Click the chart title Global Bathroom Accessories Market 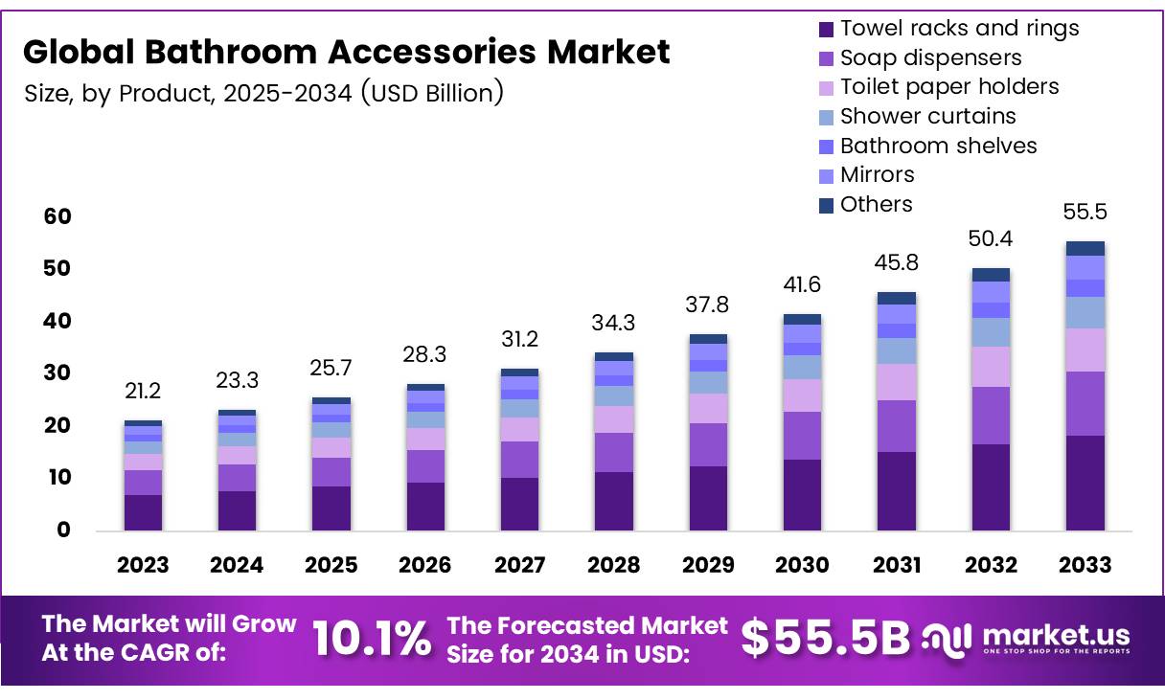(346, 52)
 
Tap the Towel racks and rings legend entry (959, 29)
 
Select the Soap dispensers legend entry (930, 57)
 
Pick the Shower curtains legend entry (927, 116)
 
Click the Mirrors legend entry (877, 174)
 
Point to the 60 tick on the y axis (57, 216)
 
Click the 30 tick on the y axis (57, 373)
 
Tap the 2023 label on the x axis (143, 565)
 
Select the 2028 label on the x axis (614, 565)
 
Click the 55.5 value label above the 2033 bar (1085, 213)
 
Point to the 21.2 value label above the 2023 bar (143, 390)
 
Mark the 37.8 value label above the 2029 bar (708, 305)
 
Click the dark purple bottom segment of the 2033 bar (1085, 483)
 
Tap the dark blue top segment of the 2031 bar (896, 298)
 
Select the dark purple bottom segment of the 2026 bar (425, 506)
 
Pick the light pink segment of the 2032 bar (991, 366)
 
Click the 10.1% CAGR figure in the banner (372, 639)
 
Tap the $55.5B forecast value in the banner (826, 639)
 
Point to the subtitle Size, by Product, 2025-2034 (263, 94)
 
